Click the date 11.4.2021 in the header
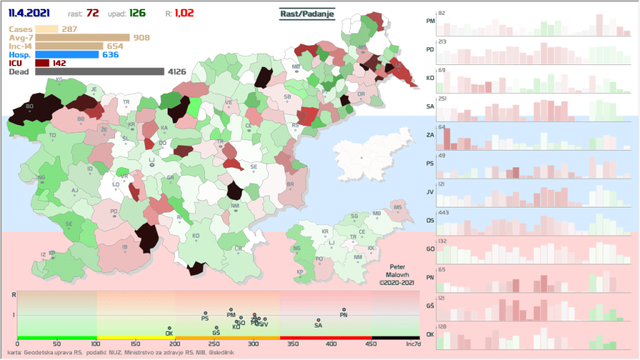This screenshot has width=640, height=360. pos(29,12)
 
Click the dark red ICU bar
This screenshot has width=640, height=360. pos(42,63)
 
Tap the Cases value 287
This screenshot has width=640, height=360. pos(69,29)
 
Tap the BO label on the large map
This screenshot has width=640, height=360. pos(29,106)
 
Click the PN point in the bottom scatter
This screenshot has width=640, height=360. pos(344,310)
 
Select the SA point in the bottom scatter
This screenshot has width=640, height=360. pos(318,321)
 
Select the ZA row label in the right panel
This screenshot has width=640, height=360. pos(430,134)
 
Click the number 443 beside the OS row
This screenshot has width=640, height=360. pos(444,213)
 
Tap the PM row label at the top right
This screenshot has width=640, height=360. pos(430,21)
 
